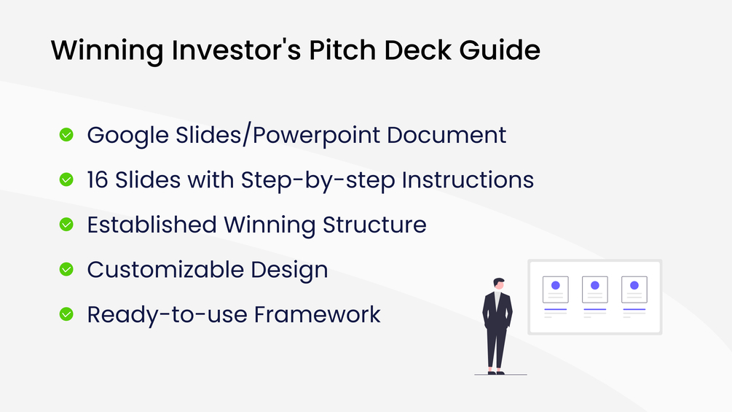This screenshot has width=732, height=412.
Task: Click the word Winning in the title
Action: [x=107, y=50]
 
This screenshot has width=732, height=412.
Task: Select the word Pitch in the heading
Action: [x=342, y=50]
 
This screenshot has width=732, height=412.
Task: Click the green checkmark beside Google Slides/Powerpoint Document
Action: [x=66, y=135]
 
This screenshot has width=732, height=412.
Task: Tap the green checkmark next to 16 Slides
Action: [x=66, y=180]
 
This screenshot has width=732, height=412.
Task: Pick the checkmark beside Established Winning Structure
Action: [x=66, y=225]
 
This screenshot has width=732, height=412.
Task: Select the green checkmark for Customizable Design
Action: [x=66, y=270]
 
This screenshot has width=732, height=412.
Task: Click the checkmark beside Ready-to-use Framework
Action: [x=66, y=314]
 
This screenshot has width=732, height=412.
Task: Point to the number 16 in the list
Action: [x=98, y=180]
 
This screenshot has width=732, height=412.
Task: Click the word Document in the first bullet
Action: [x=446, y=135]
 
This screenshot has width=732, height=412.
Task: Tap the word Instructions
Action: [x=468, y=180]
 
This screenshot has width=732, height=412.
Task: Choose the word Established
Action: [x=151, y=225]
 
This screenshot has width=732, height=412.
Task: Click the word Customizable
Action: [x=165, y=270]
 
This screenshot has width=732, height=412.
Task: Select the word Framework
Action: [x=318, y=314]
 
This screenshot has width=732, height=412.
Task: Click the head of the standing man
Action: [x=499, y=284]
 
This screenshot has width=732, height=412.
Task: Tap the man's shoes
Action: [x=496, y=373]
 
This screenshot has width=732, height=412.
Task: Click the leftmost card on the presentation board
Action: [x=556, y=289]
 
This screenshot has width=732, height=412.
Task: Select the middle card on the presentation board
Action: [x=595, y=289]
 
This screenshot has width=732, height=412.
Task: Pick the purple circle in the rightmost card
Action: [x=634, y=285]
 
